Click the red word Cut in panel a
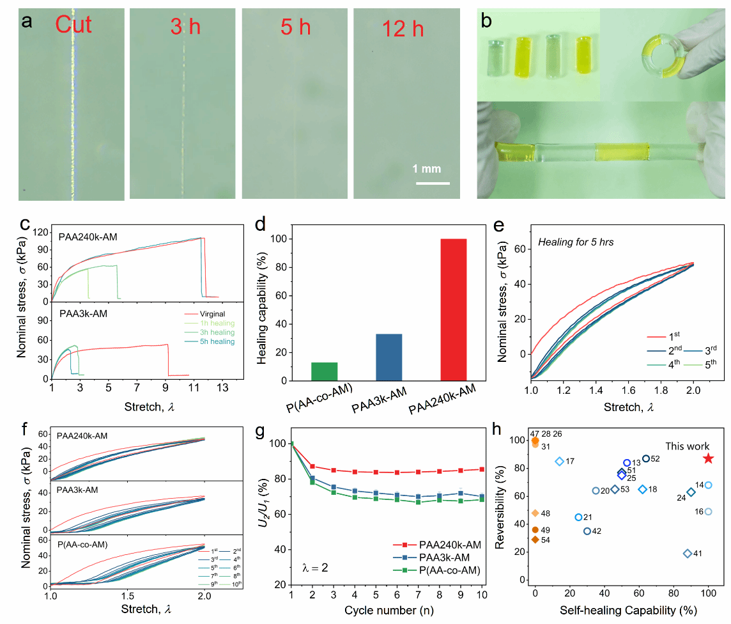[x=73, y=25]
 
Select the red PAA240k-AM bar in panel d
[x=452, y=309]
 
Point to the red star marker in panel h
[x=707, y=458]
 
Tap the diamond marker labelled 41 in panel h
[x=688, y=553]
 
